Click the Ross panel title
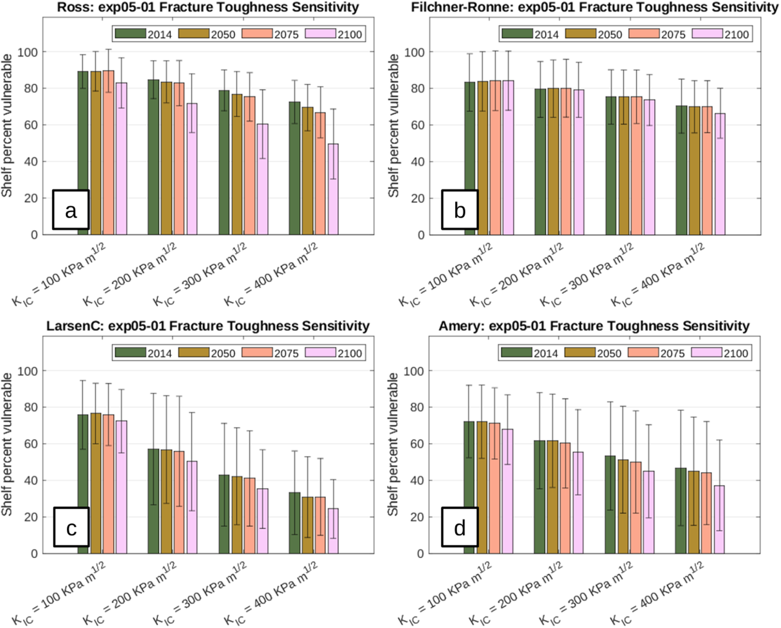pos(208,7)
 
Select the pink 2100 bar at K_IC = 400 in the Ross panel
pos(333,189)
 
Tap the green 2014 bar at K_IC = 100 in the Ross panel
pos(83,153)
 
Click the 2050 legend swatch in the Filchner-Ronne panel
pos(581,34)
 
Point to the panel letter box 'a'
pos(71,209)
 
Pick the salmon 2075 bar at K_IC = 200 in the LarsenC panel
pos(179,503)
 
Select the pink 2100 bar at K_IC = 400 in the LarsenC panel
pos(333,531)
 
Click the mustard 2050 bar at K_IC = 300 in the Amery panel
pos(623,507)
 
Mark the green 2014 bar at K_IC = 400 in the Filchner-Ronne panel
pos(681,170)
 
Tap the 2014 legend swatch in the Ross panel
pos(131,34)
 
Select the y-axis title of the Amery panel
pos(392,444)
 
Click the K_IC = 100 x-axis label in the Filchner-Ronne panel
pos(446,274)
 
